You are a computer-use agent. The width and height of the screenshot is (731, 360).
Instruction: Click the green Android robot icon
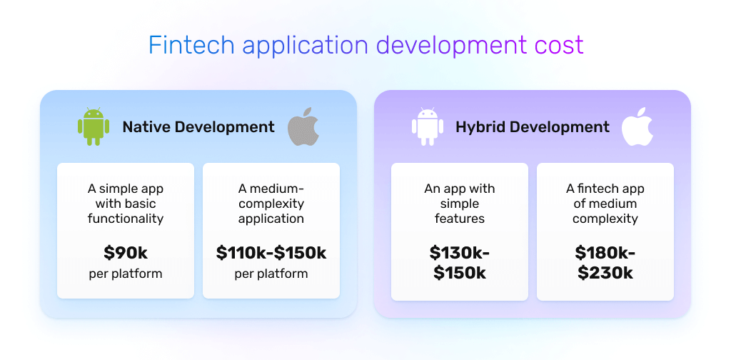[94, 126]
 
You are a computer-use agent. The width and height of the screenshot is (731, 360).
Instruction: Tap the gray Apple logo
[303, 127]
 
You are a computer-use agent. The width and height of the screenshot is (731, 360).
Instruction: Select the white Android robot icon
[428, 126]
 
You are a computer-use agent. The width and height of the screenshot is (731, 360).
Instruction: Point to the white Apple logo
[637, 127]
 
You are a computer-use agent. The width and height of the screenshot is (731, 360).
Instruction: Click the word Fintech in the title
[191, 45]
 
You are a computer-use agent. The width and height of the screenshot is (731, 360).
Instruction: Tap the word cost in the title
[559, 45]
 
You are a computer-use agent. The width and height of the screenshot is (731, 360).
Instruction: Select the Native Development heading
[198, 127]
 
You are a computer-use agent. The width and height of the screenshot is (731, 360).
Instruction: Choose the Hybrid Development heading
[533, 127]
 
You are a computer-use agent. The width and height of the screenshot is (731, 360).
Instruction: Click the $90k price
[126, 253]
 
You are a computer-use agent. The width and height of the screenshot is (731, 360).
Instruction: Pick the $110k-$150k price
[271, 253]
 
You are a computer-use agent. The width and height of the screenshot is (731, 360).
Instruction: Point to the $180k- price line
[605, 253]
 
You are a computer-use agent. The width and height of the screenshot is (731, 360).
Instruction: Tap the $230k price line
[605, 273]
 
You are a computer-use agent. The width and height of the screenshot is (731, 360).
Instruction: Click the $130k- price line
[460, 253]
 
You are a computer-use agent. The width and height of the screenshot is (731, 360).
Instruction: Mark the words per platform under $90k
[126, 274]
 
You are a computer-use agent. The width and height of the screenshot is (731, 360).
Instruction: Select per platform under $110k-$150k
[271, 274]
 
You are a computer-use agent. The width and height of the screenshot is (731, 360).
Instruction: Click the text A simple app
[126, 189]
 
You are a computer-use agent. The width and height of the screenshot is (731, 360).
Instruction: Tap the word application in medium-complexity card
[271, 219]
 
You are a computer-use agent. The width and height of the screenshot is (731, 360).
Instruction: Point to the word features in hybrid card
[460, 219]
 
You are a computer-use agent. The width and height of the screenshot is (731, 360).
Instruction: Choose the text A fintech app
[605, 189]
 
